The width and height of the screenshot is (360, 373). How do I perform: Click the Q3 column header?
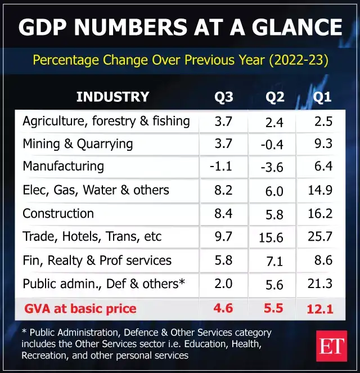pyautogui.click(x=224, y=97)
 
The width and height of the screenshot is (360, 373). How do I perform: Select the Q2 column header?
pyautogui.click(x=274, y=97)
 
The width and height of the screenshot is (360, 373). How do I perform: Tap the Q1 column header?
pyautogui.click(x=322, y=97)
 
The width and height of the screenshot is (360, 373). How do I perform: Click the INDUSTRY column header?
pyautogui.click(x=112, y=97)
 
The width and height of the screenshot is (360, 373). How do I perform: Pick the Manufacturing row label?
pyautogui.click(x=63, y=167)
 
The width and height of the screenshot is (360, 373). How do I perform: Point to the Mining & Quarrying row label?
pyautogui.click(x=78, y=143)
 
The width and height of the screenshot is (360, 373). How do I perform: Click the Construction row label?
pyautogui.click(x=58, y=214)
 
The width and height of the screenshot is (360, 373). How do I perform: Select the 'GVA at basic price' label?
pyautogui.click(x=80, y=308)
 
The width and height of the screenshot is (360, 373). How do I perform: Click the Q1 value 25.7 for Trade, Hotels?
pyautogui.click(x=320, y=237)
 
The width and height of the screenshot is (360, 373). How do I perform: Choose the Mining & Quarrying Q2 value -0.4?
pyautogui.click(x=272, y=145)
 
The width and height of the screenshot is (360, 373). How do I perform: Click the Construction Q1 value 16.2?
pyautogui.click(x=320, y=214)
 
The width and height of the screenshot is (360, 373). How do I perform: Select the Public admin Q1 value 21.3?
pyautogui.click(x=320, y=284)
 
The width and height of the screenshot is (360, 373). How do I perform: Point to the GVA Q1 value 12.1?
pyautogui.click(x=320, y=309)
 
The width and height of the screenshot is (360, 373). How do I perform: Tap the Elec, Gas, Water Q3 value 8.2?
pyautogui.click(x=223, y=190)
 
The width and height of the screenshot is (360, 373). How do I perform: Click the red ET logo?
pyautogui.click(x=331, y=346)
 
